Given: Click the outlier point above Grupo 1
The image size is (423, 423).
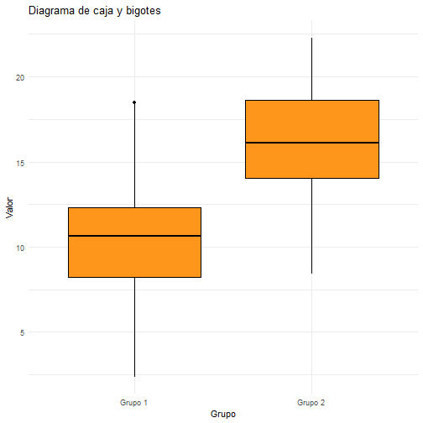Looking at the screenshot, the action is [134, 102].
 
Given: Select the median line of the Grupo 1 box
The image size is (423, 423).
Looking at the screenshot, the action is [134, 236].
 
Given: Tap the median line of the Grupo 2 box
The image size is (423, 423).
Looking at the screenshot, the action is [312, 143].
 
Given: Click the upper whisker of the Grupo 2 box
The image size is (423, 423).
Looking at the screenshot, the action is [312, 69].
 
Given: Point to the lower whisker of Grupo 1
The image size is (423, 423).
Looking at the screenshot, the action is [134, 327].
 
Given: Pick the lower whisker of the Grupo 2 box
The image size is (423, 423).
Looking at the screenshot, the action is [312, 226].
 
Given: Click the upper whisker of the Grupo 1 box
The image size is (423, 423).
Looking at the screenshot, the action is [134, 155].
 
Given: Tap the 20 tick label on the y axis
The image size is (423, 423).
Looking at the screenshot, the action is [20, 78].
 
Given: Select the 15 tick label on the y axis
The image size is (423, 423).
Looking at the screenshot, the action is [20, 163].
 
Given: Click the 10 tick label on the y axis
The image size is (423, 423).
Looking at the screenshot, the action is [20, 248].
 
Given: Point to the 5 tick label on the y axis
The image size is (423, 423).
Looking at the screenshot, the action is [22, 332].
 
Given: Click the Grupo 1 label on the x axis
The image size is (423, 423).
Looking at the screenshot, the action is [133, 403].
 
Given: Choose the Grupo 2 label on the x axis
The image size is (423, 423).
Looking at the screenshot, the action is [311, 403].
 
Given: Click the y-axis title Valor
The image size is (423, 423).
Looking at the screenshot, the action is [9, 207].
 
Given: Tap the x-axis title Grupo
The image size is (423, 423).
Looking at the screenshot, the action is [223, 414].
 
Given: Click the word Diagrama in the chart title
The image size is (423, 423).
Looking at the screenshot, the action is [52, 11].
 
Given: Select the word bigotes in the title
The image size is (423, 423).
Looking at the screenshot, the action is [144, 11].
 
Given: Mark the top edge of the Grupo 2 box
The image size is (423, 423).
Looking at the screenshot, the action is [312, 100].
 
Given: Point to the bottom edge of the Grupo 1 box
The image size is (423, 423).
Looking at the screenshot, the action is [134, 277].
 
